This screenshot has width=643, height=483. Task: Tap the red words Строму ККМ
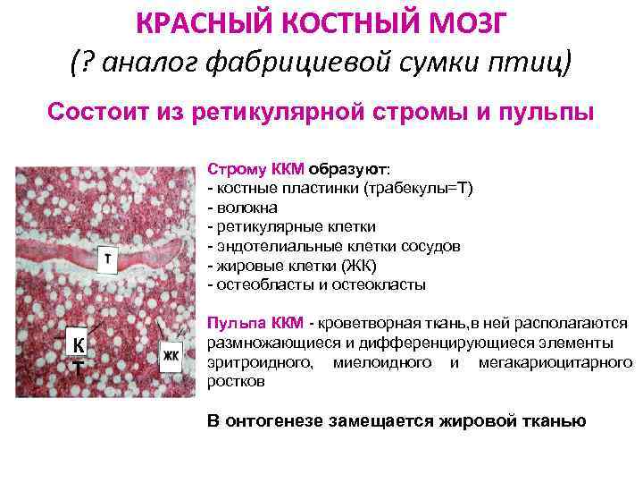tap(255, 168)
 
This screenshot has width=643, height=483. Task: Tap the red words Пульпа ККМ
tap(255, 323)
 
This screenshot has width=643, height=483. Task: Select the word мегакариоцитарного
tap(555, 362)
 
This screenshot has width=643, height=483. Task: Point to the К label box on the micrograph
tap(78, 347)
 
